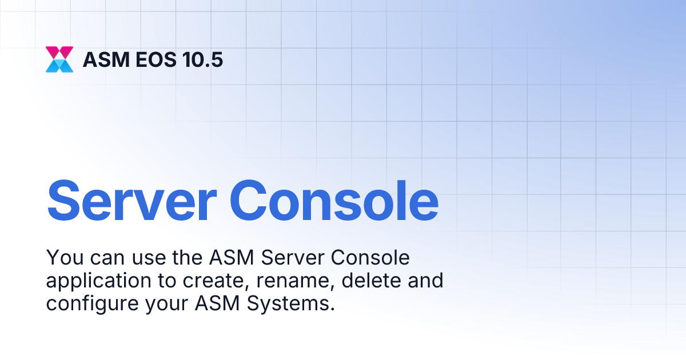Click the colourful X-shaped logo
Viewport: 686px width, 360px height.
click(x=59, y=59)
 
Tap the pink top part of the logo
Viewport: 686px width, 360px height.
click(x=59, y=53)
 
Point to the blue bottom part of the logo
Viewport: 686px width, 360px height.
click(x=59, y=66)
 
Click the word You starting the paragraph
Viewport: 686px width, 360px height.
click(x=62, y=258)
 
